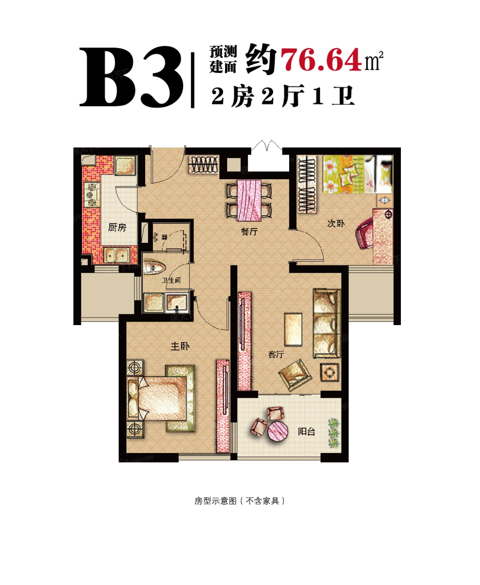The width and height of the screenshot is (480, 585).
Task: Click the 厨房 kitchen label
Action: tap(117, 227)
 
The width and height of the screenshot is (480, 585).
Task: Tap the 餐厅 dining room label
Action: tap(249, 231)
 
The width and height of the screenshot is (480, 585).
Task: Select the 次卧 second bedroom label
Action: tap(336, 223)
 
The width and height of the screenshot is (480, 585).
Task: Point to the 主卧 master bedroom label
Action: tap(180, 346)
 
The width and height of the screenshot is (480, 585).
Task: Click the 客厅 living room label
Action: tap(276, 354)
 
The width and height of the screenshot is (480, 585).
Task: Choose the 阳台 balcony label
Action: tap(306, 431)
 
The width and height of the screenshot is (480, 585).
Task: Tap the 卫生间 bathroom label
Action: tap(172, 280)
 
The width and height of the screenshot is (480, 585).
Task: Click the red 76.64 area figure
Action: tap(321, 59)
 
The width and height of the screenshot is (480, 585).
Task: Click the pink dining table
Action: tap(249, 200)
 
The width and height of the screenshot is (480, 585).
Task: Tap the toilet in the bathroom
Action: tap(154, 268)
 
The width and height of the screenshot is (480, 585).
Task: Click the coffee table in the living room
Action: tap(293, 329)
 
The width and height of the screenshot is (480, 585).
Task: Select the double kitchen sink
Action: tap(117, 255)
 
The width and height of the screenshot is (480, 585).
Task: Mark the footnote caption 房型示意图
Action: tap(215, 501)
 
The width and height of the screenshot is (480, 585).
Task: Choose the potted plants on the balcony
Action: tap(334, 433)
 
